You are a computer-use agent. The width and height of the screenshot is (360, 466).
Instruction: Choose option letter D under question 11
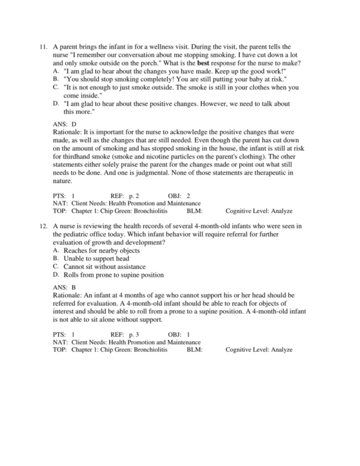click(56, 104)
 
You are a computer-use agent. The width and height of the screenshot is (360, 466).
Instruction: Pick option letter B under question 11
click(56, 79)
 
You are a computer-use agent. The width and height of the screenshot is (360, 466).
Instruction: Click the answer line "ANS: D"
click(64, 124)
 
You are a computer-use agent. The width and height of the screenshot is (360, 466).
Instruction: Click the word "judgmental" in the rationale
click(138, 173)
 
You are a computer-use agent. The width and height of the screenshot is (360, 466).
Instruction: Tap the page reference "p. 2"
click(133, 196)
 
